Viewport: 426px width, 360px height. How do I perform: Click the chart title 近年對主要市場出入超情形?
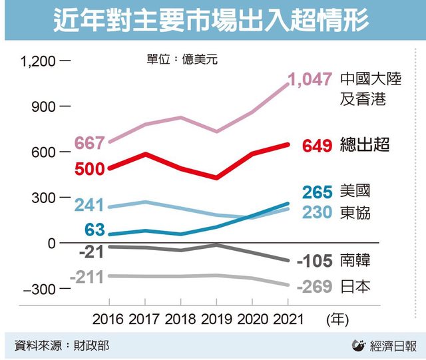[212, 20]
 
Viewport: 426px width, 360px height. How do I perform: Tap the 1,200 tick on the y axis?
[39, 62]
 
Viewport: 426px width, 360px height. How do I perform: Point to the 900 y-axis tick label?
[45, 107]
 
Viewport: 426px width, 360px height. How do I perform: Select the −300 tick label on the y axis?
[41, 289]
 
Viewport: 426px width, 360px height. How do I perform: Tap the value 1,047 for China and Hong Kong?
[310, 80]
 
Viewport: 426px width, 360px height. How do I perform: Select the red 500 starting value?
[89, 169]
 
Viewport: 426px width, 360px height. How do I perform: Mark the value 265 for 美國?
[318, 192]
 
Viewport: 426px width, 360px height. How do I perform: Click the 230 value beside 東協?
[318, 213]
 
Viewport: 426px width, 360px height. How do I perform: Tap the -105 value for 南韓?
[316, 260]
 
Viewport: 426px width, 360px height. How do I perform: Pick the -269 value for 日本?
[315, 287]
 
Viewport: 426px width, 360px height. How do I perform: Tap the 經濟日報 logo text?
[393, 345]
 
